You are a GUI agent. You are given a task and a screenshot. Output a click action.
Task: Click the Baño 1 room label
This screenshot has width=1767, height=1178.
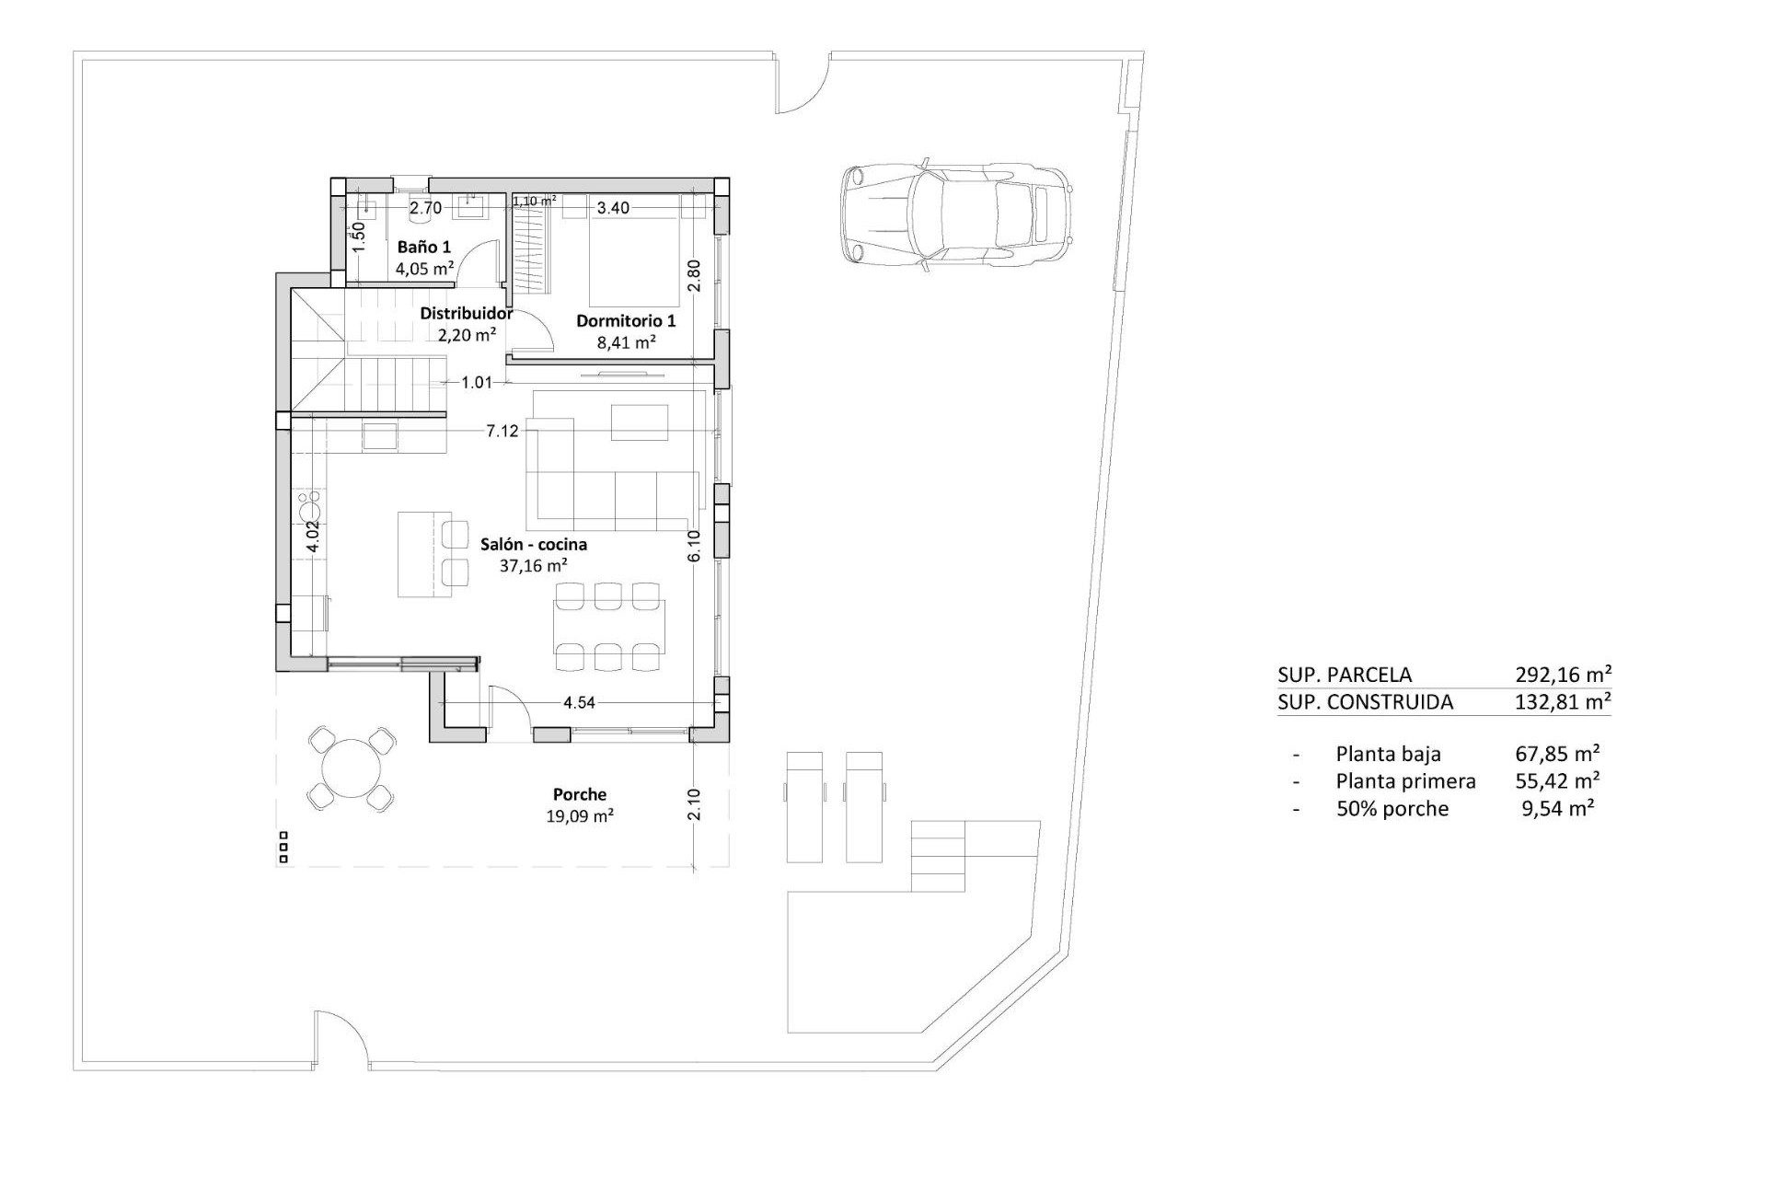tap(423, 248)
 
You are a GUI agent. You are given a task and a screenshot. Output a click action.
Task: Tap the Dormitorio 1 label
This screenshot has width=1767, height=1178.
tap(626, 321)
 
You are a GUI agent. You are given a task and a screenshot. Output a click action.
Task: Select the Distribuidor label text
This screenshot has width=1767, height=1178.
tap(467, 314)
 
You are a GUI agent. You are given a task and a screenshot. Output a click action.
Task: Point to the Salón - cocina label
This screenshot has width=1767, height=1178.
tap(534, 545)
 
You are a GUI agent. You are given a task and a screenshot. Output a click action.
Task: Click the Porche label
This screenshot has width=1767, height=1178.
tap(580, 794)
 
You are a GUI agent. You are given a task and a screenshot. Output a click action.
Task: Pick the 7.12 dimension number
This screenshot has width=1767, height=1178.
tap(502, 431)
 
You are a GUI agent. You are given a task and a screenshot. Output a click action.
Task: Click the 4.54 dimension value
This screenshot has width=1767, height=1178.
tap(579, 703)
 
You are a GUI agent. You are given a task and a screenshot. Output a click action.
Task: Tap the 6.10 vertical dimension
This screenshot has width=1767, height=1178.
tap(694, 546)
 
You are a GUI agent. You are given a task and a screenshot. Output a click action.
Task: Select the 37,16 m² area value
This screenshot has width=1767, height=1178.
tap(534, 566)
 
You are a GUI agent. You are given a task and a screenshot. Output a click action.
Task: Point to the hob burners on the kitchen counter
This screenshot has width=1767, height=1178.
tap(308, 505)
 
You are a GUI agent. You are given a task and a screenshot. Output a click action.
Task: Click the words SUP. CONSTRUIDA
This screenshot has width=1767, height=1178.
tap(1365, 702)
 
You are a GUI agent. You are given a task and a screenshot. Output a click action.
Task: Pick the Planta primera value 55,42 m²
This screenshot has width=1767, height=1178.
tap(1557, 781)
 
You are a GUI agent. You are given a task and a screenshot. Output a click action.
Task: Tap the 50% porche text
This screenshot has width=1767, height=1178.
tap(1392, 809)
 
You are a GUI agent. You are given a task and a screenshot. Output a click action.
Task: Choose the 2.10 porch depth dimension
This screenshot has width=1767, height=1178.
tap(694, 804)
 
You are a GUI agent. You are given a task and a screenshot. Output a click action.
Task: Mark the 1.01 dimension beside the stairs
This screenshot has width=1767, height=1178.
tap(477, 382)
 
